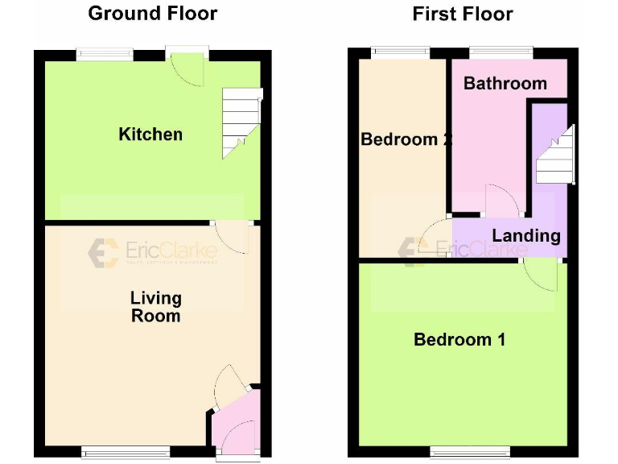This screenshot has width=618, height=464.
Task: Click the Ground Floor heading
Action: pos(152,13)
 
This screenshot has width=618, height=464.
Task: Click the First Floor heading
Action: pos(463,14)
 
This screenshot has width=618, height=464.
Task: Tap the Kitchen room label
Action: pos(150,134)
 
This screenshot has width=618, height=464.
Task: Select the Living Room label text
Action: pos(156,307)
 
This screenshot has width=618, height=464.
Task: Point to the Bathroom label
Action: pos(505,83)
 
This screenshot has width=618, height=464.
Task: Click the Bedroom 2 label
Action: pos(404,139)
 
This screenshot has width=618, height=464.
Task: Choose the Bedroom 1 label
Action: pos(459,339)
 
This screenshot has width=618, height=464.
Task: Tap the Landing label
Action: pos(526,235)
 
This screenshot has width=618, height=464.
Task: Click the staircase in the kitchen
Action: pos(241,121)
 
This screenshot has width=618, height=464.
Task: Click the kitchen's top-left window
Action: pos(105,55)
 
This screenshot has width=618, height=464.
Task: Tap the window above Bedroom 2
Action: pos(400,53)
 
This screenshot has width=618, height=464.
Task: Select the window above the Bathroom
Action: pos(501,53)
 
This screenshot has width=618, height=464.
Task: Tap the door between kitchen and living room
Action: pos(234,238)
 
